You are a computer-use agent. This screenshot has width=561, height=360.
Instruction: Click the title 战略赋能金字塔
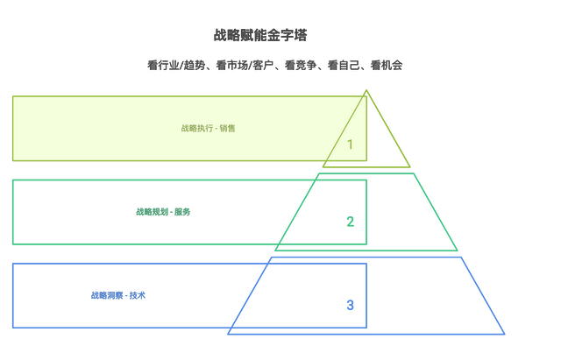coord(260,35)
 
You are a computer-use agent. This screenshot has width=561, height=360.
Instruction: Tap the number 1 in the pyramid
coord(350,145)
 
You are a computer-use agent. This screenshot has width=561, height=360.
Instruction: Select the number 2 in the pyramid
coord(351,222)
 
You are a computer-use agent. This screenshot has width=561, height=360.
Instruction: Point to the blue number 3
coord(351,305)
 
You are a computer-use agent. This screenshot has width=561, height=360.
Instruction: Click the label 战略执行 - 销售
coord(208,129)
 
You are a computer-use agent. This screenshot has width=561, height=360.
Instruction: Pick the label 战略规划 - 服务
coord(163,212)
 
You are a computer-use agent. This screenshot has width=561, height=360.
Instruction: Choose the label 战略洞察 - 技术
coord(118,295)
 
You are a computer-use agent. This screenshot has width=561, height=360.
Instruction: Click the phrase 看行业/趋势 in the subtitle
coord(176,66)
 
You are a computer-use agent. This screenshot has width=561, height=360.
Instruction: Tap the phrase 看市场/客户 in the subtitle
coord(245,66)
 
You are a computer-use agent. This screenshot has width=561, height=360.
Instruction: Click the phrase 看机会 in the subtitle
coord(387,66)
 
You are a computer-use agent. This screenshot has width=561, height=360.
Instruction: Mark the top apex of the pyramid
coord(366,90)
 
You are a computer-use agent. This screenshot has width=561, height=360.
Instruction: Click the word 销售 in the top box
coord(227,129)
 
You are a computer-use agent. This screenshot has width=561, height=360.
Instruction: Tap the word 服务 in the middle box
coord(182,212)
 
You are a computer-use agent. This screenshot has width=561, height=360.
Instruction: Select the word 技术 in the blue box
coord(138,295)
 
